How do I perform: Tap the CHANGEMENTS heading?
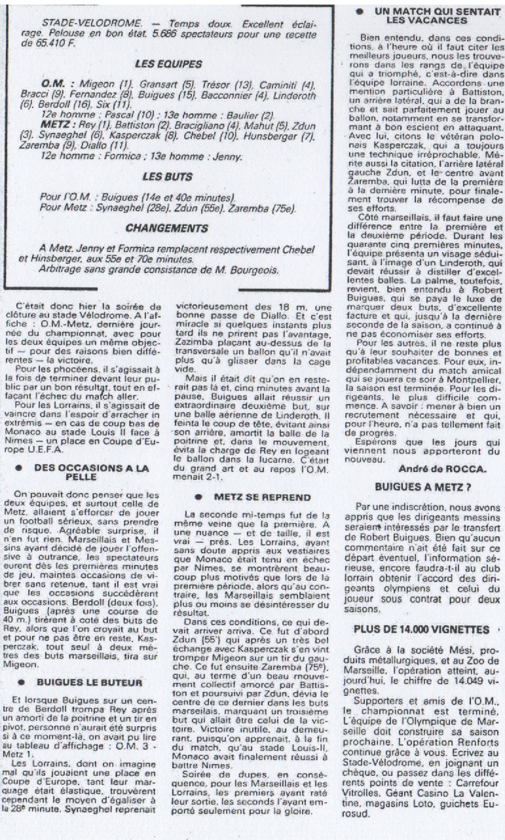(176, 229)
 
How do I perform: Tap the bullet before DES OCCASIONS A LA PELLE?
(23, 468)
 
